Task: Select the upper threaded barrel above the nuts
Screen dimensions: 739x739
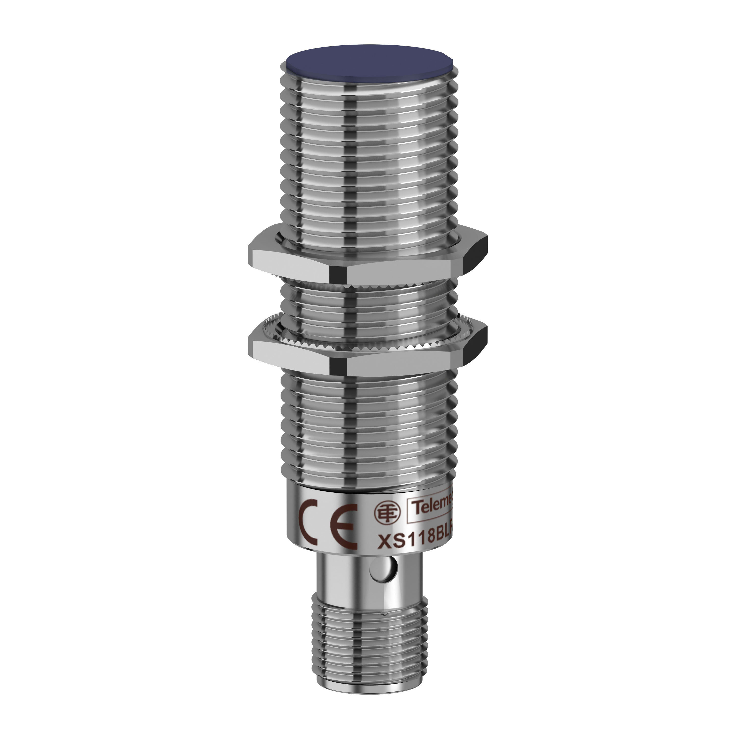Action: point(369,153)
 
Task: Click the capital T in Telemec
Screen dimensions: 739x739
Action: point(417,509)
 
